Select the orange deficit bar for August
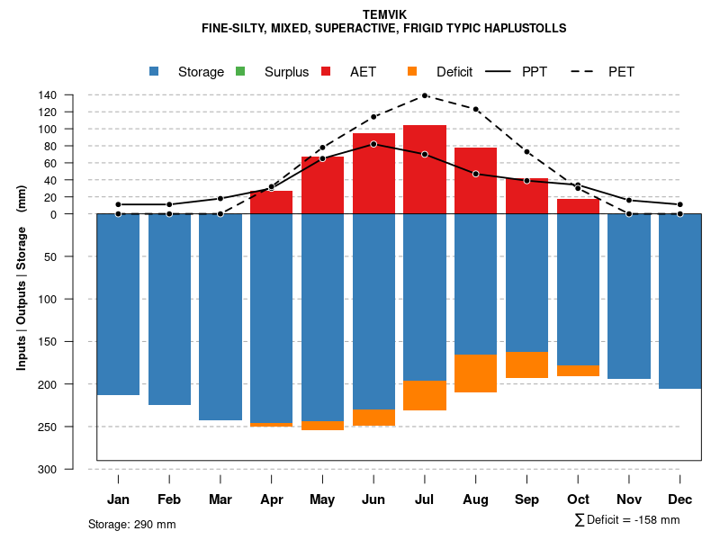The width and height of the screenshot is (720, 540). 475,373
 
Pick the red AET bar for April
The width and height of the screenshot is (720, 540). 272,202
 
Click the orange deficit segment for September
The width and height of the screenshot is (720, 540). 526,365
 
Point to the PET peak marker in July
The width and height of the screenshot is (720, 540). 425,95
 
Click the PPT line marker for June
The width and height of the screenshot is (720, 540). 373,144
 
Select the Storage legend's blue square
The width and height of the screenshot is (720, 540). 155,71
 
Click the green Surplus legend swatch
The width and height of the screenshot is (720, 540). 240,71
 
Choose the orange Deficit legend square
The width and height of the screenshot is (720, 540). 412,71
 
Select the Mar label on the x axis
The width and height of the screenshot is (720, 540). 220,499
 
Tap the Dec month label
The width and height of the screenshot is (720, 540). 680,499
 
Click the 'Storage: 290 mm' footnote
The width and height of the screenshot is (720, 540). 132,524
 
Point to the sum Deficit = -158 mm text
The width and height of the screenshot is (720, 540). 627,520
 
